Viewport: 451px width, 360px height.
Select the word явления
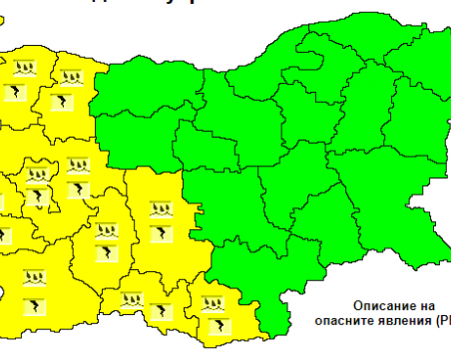[408, 320]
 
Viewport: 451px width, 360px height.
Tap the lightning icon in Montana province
[22, 92]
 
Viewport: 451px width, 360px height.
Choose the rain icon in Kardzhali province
[212, 299]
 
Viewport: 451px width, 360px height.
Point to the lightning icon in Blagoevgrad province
[35, 299]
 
